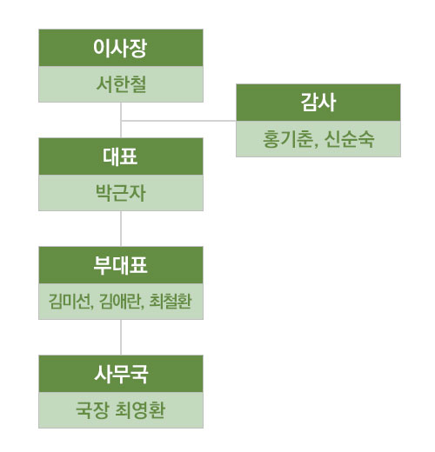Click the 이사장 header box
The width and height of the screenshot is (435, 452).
(121, 48)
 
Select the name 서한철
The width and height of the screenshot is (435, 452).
(121, 84)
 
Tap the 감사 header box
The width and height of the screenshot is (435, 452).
(318, 103)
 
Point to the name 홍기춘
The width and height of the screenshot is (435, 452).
(288, 139)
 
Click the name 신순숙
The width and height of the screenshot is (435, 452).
(349, 139)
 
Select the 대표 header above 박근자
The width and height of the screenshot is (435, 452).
(121, 156)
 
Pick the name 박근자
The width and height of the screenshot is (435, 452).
(121, 193)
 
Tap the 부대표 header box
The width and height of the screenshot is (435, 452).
(121, 265)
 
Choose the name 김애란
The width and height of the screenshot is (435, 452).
(120, 302)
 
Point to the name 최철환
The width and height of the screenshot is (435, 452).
(171, 302)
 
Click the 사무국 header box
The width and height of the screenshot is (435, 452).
(121, 374)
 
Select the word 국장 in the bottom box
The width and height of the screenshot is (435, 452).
(92, 410)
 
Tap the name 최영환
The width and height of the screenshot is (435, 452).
(140, 410)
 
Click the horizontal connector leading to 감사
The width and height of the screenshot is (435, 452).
(178, 121)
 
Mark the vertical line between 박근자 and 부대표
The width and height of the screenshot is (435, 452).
(121, 229)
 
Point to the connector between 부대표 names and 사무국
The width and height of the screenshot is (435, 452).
(121, 337)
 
